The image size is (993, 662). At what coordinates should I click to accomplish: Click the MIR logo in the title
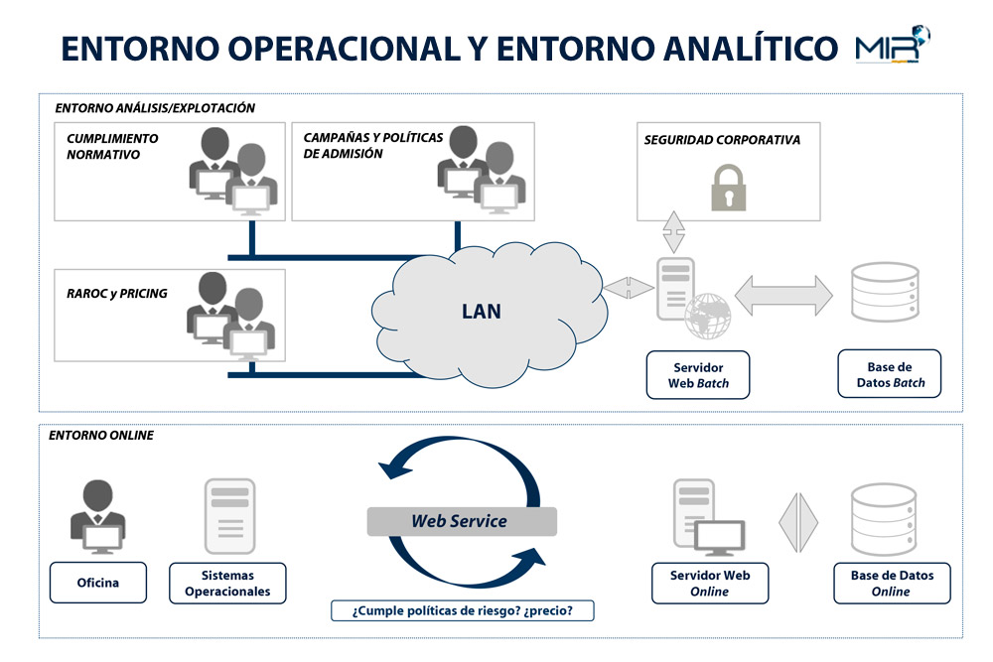click(x=892, y=45)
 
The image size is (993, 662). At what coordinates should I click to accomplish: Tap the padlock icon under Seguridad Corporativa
click(x=728, y=188)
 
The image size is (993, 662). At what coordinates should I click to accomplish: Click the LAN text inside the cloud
click(x=482, y=312)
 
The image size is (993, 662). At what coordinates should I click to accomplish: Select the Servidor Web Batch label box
click(x=698, y=375)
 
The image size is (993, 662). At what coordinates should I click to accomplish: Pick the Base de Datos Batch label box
click(x=889, y=374)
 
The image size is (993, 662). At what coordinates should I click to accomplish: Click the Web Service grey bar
click(x=462, y=521)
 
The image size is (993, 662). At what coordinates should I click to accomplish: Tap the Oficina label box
click(x=98, y=583)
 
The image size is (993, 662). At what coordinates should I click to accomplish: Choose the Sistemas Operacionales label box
click(x=227, y=583)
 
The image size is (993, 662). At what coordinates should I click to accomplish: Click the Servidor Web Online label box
click(x=710, y=583)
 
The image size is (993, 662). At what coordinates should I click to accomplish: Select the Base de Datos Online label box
click(x=892, y=583)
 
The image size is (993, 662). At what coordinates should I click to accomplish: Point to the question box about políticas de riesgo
click(x=463, y=610)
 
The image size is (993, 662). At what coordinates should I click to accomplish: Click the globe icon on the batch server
click(x=707, y=316)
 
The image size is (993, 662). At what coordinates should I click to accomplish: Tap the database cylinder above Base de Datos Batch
click(x=885, y=292)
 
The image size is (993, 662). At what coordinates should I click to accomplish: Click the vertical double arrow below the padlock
click(x=674, y=232)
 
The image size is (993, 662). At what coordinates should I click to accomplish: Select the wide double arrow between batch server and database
click(x=783, y=295)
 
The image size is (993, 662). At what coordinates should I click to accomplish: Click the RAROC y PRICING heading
click(x=116, y=294)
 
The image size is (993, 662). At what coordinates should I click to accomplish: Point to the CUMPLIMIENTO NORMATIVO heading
click(x=112, y=146)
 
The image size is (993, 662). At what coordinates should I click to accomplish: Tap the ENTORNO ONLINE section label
click(x=101, y=436)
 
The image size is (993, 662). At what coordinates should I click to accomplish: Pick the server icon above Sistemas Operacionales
click(x=230, y=516)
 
